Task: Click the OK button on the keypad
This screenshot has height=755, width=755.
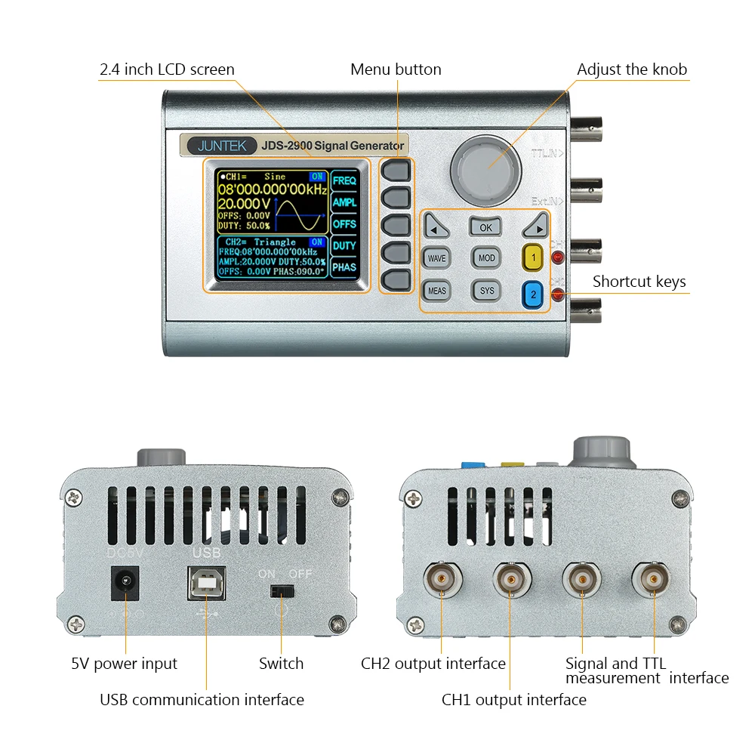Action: click(485, 226)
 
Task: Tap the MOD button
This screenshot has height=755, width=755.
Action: click(487, 257)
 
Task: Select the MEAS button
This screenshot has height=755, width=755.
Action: click(436, 290)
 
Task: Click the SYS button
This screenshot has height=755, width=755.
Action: click(487, 290)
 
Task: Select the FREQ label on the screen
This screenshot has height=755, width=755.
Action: click(344, 181)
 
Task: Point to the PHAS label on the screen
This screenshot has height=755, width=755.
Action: click(344, 267)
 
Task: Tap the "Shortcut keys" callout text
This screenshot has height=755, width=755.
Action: click(639, 282)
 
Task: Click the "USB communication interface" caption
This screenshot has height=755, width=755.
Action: click(202, 700)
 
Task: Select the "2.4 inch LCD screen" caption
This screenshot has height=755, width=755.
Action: click(167, 69)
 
